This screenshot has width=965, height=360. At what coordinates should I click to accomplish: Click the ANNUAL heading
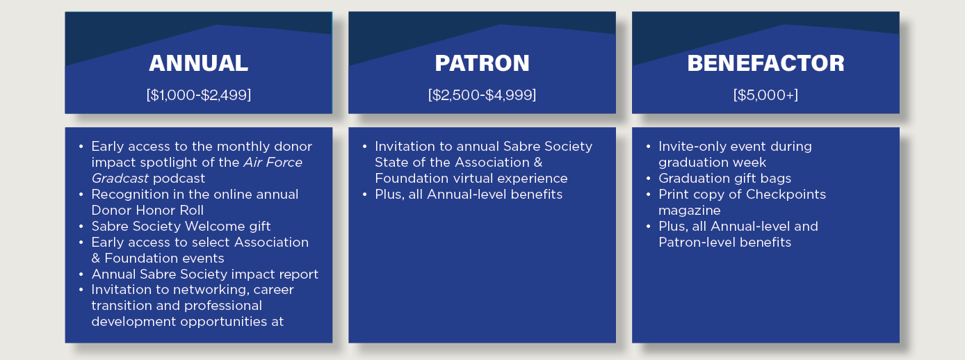tap(199, 63)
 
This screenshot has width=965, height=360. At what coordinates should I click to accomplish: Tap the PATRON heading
tap(482, 63)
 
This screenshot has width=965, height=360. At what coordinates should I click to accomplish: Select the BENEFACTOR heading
tap(765, 63)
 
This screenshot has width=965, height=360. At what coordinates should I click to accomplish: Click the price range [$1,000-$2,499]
tap(199, 95)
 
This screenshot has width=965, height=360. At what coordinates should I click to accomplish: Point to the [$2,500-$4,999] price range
tap(482, 95)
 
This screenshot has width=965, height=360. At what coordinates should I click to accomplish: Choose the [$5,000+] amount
tap(765, 95)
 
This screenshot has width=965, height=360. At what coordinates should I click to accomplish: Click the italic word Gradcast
tap(120, 179)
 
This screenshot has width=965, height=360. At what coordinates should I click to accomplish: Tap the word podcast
tap(179, 179)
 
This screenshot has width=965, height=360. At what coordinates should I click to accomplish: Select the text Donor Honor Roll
tap(147, 210)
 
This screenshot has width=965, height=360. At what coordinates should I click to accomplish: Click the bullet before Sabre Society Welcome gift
tap(81, 226)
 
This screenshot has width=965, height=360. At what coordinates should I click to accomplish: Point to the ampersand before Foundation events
tap(96, 259)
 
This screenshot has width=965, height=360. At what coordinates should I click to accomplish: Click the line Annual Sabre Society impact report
tap(204, 274)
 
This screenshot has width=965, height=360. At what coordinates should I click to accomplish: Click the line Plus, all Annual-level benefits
tap(469, 194)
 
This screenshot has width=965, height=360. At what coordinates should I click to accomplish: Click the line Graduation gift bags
tap(724, 179)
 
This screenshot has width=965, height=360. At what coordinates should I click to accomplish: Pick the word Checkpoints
tap(786, 194)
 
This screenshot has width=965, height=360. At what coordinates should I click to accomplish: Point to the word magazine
tap(689, 210)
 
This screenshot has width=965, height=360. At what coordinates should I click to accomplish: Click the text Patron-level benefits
tap(724, 242)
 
